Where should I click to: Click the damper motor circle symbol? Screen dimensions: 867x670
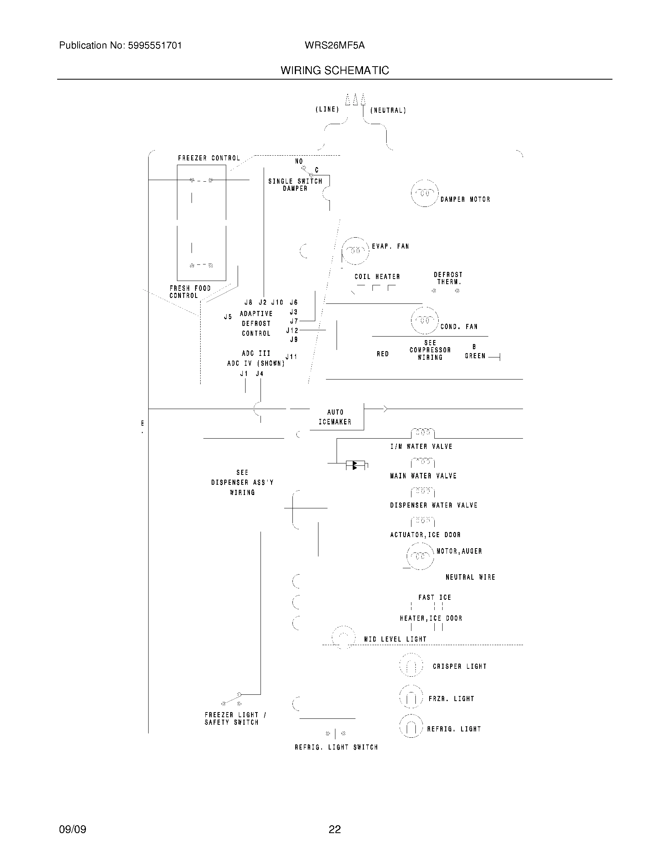[425, 193]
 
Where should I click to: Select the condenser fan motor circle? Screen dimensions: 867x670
[425, 320]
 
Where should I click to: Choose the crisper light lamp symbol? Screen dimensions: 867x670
[411, 665]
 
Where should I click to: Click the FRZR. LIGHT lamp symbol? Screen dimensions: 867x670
[411, 697]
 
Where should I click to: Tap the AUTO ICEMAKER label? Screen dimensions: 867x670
[335, 417]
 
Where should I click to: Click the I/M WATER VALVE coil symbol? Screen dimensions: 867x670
[422, 432]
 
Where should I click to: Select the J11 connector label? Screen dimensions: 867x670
[291, 357]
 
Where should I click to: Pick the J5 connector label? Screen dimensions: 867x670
[228, 317]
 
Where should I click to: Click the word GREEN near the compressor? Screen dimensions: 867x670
[475, 356]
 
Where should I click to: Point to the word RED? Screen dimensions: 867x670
[383, 354]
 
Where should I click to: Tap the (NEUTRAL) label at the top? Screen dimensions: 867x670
[388, 110]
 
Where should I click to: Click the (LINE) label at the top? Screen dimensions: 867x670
[327, 109]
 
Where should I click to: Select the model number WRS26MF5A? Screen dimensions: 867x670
[335, 45]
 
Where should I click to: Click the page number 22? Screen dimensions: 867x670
[335, 829]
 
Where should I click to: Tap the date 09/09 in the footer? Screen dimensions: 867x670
[73, 829]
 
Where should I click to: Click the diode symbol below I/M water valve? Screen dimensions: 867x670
[354, 465]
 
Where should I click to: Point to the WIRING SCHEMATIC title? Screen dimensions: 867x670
[335, 71]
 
